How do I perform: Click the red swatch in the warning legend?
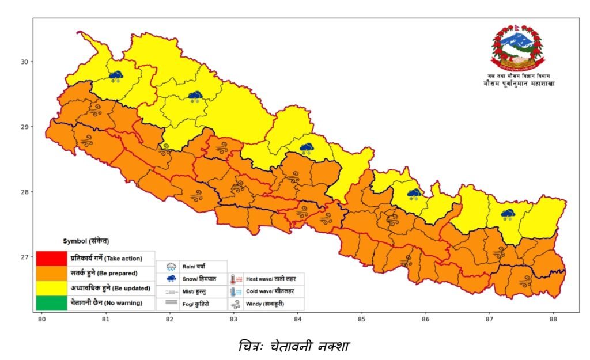(51, 257)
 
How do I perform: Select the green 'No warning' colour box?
(51, 302)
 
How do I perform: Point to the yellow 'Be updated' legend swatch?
(51, 287)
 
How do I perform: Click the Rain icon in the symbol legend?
(171, 267)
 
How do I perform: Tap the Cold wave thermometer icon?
(237, 292)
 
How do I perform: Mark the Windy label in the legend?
(265, 304)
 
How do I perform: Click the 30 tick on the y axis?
(25, 62)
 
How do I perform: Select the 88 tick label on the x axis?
(554, 319)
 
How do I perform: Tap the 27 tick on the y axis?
(25, 257)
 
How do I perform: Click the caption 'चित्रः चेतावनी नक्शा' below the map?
(294, 346)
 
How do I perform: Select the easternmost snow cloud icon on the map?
(508, 214)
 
